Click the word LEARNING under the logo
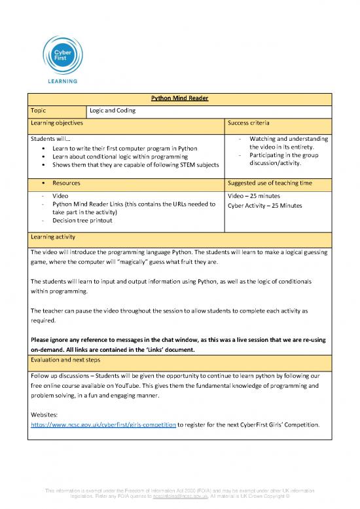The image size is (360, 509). click(x=61, y=81)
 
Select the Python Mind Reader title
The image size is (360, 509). click(x=179, y=99)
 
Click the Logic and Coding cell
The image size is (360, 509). click(x=113, y=111)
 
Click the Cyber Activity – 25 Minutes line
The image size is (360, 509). click(x=264, y=205)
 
